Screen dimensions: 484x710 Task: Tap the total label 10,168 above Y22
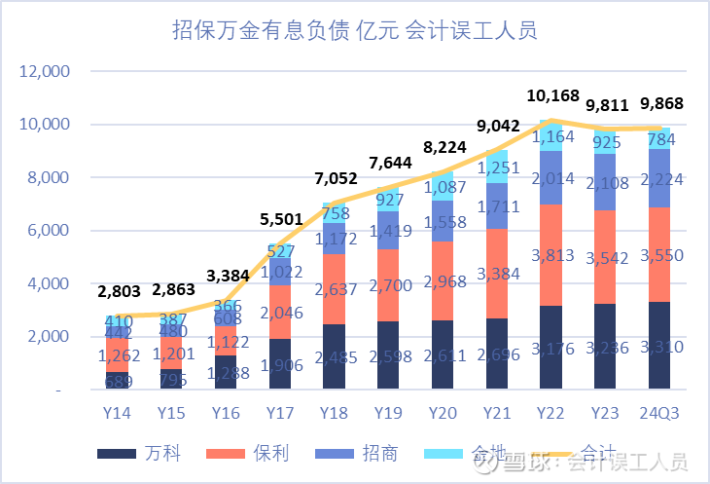[553, 96]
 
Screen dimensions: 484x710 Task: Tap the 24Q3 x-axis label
[659, 412]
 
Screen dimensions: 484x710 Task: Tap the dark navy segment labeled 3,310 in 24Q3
[659, 346]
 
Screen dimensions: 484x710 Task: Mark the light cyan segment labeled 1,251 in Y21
[498, 167]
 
